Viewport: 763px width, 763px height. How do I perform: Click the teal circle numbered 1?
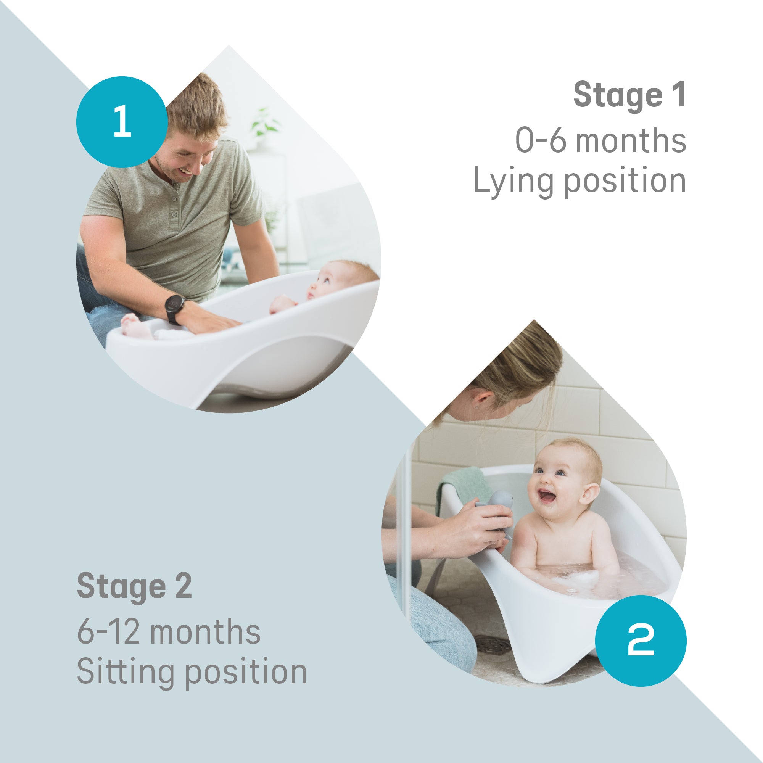tap(122, 122)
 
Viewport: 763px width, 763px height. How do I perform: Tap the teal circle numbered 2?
tap(640, 641)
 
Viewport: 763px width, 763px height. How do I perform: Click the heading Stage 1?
tap(629, 95)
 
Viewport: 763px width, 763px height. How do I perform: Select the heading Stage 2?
tap(134, 586)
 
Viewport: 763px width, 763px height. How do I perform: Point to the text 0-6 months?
tap(600, 140)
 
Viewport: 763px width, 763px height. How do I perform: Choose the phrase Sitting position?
tap(192, 672)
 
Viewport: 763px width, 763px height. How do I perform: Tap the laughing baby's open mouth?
tap(547, 496)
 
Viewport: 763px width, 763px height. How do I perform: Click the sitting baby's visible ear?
tap(590, 494)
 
